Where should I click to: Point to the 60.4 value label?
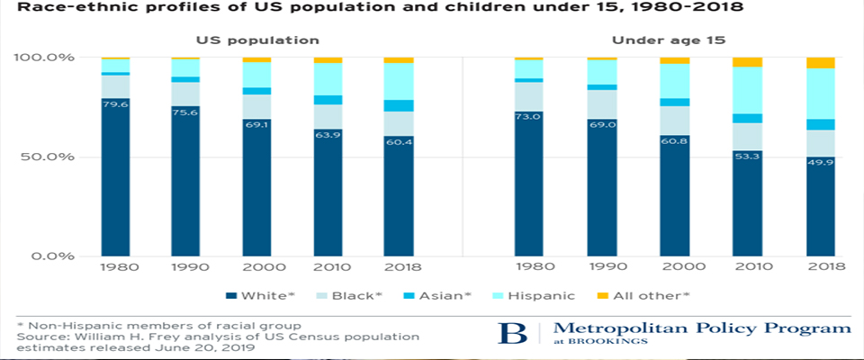click(399, 141)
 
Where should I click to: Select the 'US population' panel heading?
click(258, 40)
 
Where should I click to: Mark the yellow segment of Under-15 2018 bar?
click(820, 63)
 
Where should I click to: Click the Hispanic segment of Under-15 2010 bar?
click(748, 90)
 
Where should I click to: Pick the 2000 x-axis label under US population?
click(257, 269)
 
